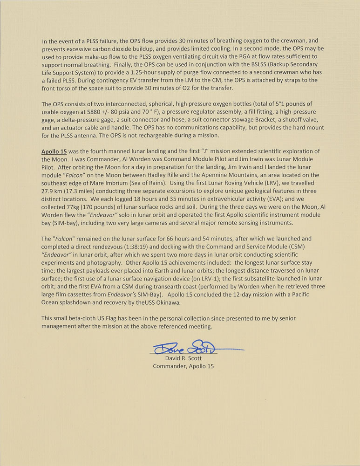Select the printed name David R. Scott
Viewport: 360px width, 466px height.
183,358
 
